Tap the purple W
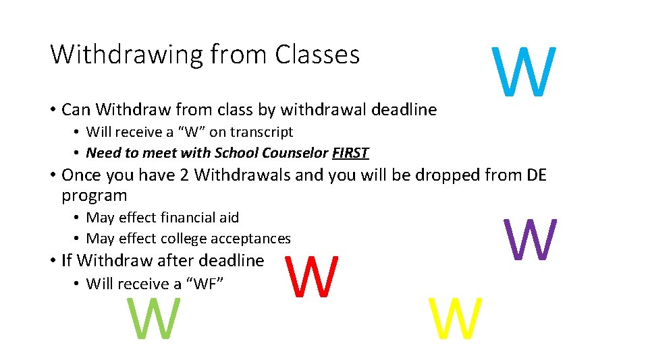(x=530, y=240)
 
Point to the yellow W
(x=456, y=320)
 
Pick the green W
(x=154, y=320)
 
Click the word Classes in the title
(x=317, y=55)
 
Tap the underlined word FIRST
(x=350, y=153)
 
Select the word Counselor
(x=296, y=153)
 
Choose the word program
(x=94, y=196)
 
